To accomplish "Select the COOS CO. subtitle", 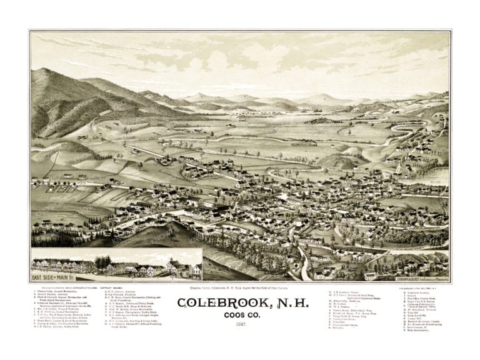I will click(x=239, y=315).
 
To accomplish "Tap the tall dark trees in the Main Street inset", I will click(x=102, y=261).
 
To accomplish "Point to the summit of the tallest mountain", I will click(x=49, y=71).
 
